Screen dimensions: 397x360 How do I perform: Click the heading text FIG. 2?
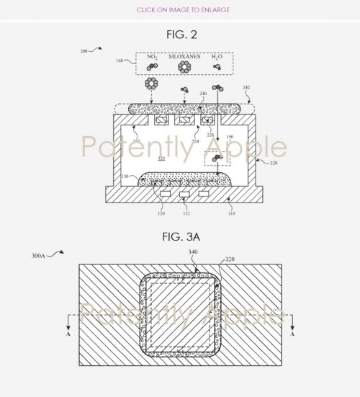[x=179, y=34]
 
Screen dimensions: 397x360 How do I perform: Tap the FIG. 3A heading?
[x=179, y=236]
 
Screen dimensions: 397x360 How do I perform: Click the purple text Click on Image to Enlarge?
[x=179, y=9]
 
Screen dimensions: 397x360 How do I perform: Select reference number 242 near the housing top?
[x=246, y=87]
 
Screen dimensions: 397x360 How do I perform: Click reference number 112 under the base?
[x=185, y=214]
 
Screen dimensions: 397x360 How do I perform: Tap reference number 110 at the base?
[x=231, y=214]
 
